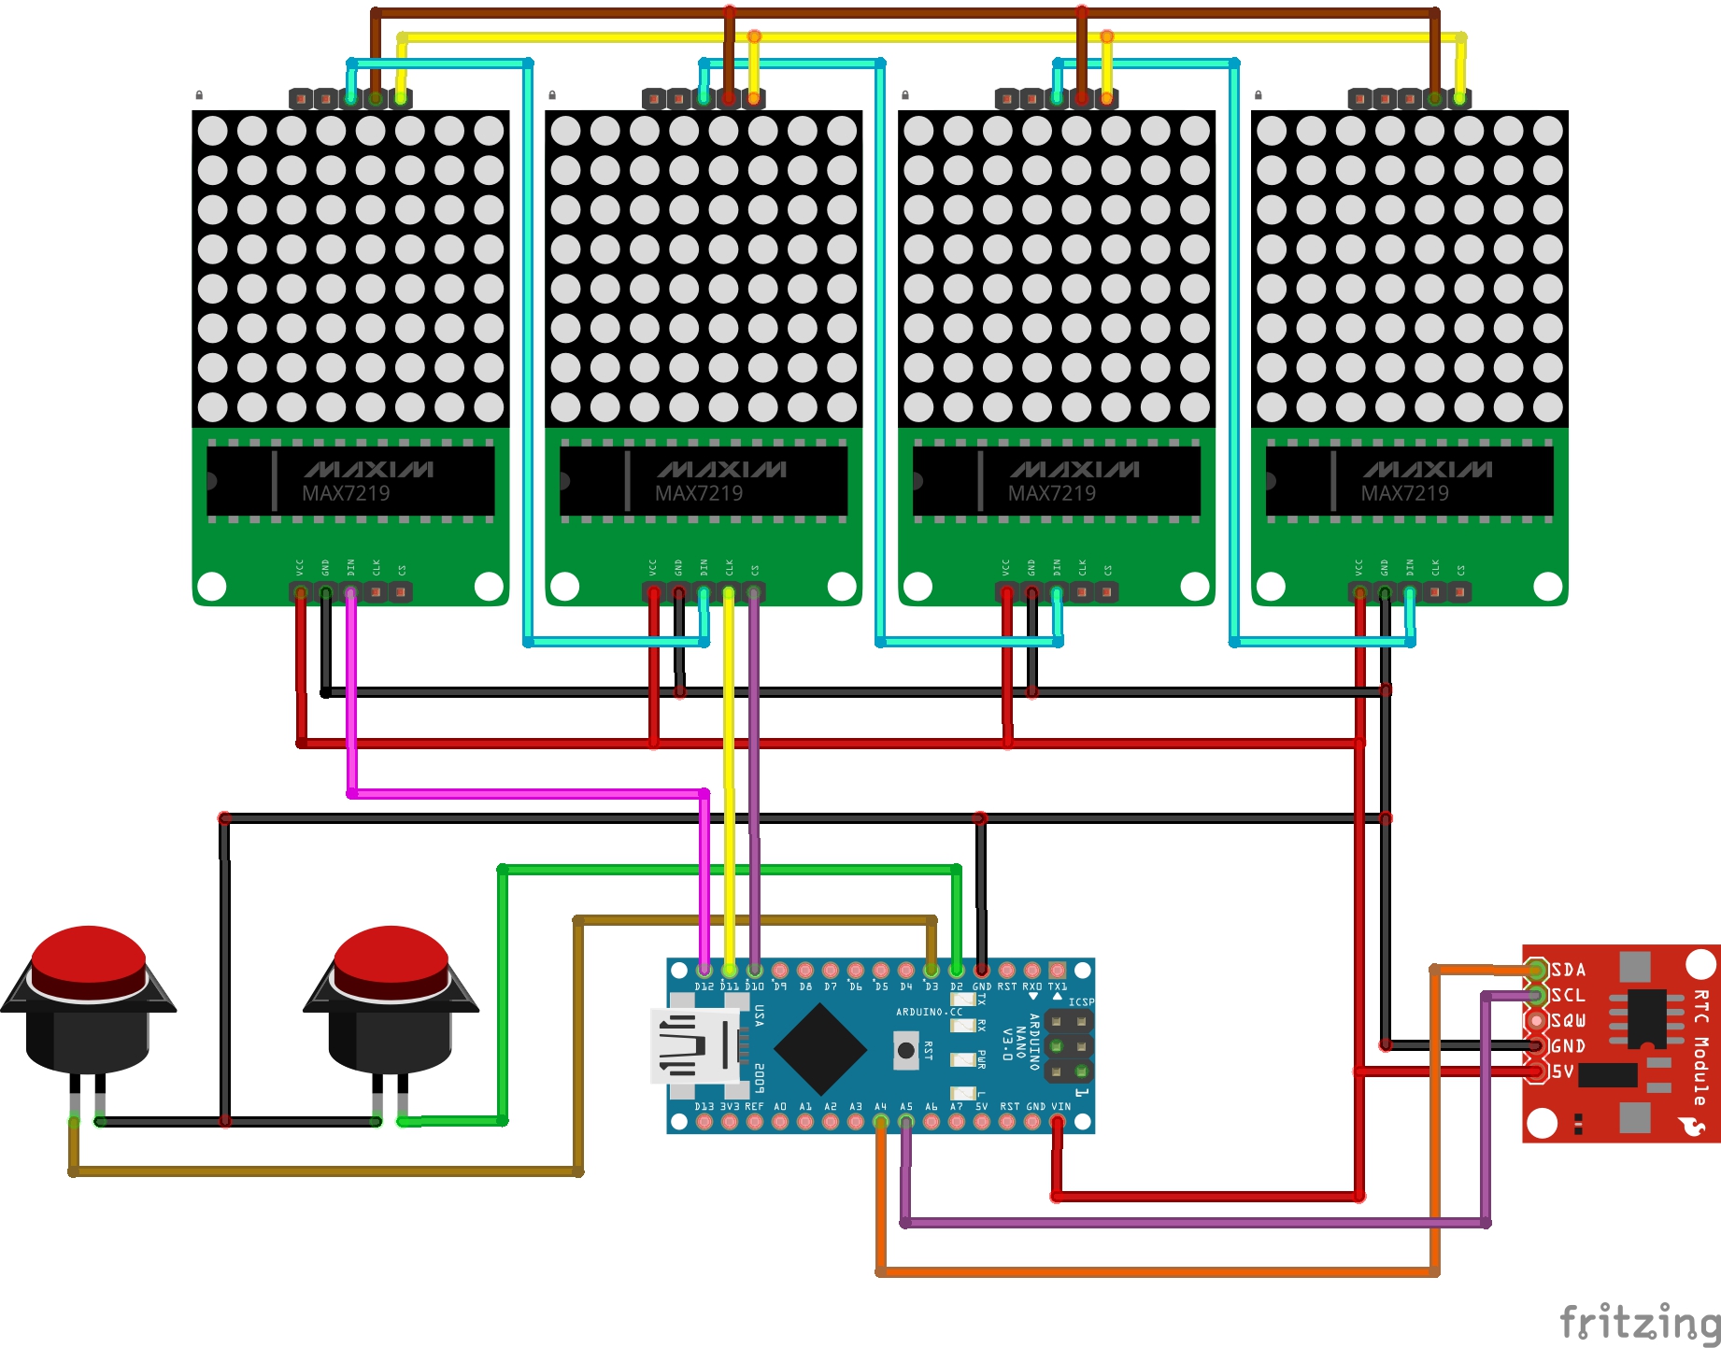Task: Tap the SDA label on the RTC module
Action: (x=1569, y=970)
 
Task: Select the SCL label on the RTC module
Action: (x=1569, y=996)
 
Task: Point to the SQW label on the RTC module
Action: (x=1569, y=1021)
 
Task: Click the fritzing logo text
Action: (x=1640, y=1323)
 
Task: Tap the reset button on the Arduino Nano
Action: (x=905, y=1051)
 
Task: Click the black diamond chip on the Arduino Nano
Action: (x=820, y=1049)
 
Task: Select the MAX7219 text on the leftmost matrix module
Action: (x=346, y=493)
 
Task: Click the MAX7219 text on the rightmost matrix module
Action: (x=1404, y=493)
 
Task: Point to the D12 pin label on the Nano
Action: (x=704, y=986)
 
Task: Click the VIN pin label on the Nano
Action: (x=1060, y=1106)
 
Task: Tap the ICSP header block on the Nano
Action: (x=1068, y=1046)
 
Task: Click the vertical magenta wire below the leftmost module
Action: (x=351, y=691)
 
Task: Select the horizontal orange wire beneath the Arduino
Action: (x=1159, y=1271)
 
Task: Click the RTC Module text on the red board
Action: (x=1700, y=1046)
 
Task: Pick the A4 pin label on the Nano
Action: (x=880, y=1106)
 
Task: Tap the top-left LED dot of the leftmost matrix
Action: (x=212, y=131)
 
